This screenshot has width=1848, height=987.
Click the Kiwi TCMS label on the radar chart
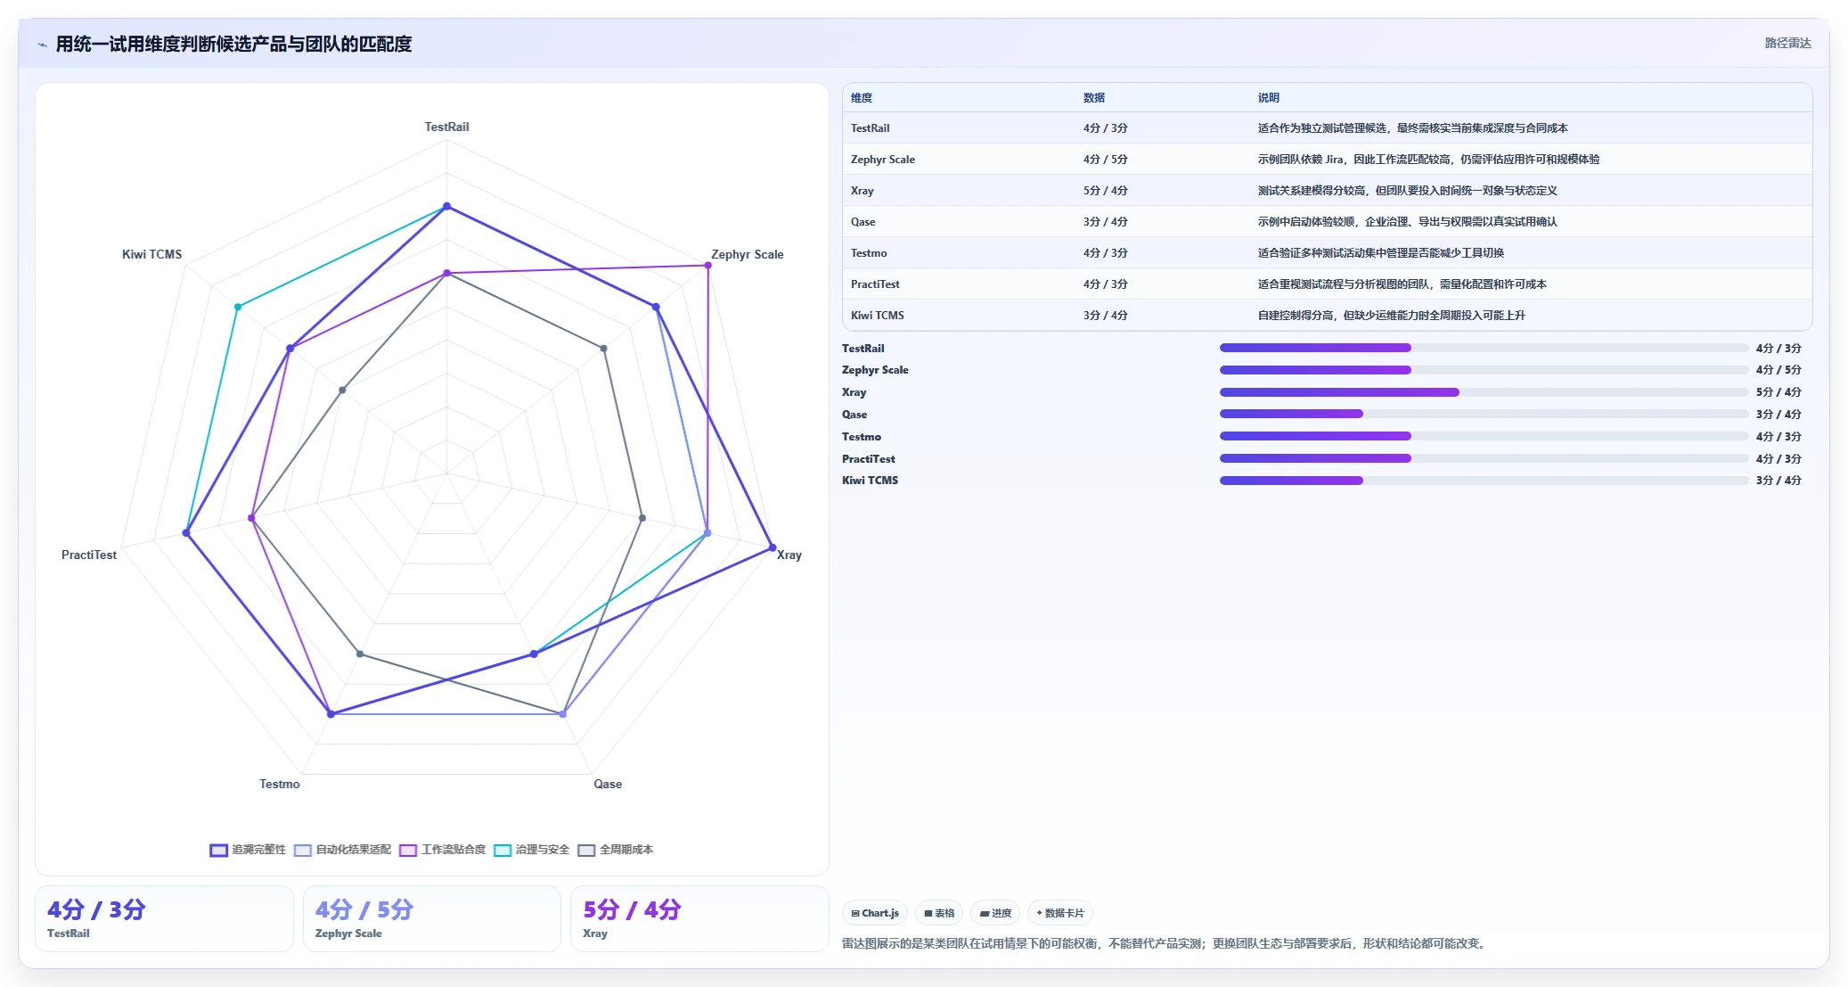pyautogui.click(x=151, y=254)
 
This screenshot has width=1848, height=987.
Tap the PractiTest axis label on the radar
pyautogui.click(x=89, y=555)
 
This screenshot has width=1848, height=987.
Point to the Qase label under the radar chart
pyautogui.click(x=608, y=784)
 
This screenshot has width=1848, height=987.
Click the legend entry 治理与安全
pyautogui.click(x=532, y=850)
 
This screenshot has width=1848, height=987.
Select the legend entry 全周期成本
pyautogui.click(x=616, y=850)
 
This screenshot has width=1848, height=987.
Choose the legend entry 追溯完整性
pyautogui.click(x=248, y=850)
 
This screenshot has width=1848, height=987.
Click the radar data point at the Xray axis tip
pyautogui.click(x=773, y=547)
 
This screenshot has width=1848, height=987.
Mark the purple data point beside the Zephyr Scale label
pyautogui.click(x=708, y=265)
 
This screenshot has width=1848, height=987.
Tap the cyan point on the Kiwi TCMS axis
pyautogui.click(x=238, y=307)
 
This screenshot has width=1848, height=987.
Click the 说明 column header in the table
pyautogui.click(x=1269, y=98)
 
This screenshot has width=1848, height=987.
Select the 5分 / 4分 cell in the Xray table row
pyautogui.click(x=1106, y=191)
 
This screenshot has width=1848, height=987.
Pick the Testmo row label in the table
pyautogui.click(x=869, y=253)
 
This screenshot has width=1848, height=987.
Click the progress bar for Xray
pyautogui.click(x=1484, y=392)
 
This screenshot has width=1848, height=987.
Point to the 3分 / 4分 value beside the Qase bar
pyautogui.click(x=1778, y=415)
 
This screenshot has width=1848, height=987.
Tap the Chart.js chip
pyautogui.click(x=875, y=913)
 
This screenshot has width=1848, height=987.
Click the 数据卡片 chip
pyautogui.click(x=1060, y=913)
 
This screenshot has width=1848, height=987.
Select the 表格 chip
pyautogui.click(x=939, y=913)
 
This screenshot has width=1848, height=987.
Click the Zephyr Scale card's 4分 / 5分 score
pyautogui.click(x=364, y=909)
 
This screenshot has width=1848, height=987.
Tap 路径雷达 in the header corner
pyautogui.click(x=1788, y=43)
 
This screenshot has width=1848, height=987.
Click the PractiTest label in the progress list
pyautogui.click(x=869, y=459)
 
